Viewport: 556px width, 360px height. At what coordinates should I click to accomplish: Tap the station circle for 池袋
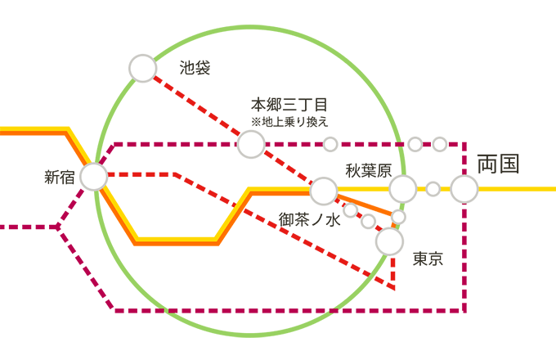(143, 69)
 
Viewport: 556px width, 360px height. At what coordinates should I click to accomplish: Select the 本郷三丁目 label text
(289, 106)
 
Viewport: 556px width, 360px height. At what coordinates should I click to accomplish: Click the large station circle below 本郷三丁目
(251, 144)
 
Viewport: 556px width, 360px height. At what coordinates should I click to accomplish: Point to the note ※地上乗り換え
(289, 122)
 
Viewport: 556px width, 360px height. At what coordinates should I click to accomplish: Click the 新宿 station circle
(94, 176)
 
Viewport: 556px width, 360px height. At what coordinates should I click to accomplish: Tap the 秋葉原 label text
(369, 170)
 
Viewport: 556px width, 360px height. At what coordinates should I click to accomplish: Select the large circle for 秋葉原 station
(402, 189)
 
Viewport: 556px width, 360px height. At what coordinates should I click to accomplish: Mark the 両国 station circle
(464, 189)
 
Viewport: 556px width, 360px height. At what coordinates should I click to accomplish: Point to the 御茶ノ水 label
(310, 219)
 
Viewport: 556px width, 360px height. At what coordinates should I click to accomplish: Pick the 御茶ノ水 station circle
(324, 191)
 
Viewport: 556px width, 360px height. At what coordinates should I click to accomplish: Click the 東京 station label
(427, 259)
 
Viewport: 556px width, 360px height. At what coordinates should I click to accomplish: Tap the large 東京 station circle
(390, 241)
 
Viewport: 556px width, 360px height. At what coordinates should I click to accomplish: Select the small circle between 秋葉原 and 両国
(433, 189)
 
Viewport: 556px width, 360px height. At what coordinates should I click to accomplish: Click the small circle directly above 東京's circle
(399, 217)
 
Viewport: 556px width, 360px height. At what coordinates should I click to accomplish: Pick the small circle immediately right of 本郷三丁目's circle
(330, 144)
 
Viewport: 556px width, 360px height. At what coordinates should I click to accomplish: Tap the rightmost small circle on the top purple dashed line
(440, 144)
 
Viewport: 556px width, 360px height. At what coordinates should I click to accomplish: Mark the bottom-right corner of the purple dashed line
(464, 311)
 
